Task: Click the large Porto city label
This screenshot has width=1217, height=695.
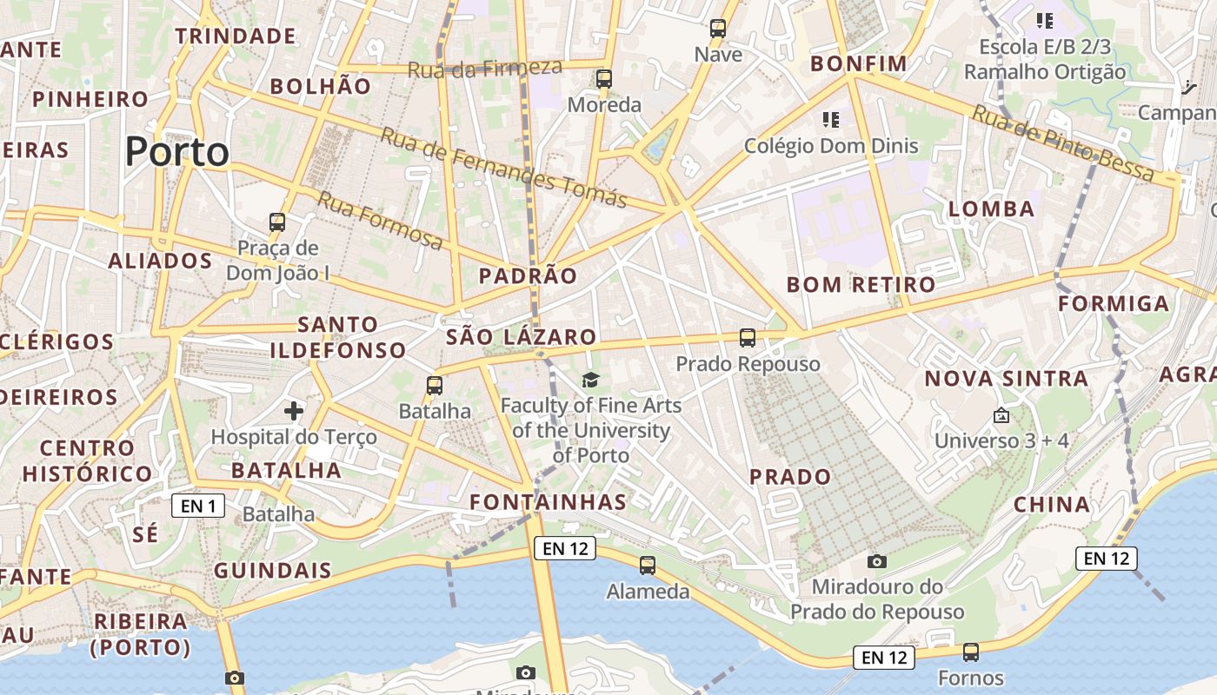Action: click(x=177, y=152)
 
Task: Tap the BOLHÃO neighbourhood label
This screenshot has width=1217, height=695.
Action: click(x=321, y=86)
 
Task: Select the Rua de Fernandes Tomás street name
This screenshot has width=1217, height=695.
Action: click(x=503, y=169)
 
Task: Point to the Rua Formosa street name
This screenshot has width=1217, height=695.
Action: click(x=380, y=221)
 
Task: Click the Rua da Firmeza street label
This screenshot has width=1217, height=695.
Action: click(x=485, y=69)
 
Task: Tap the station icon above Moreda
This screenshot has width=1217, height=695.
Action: click(x=604, y=79)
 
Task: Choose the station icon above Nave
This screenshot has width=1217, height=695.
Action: click(x=718, y=29)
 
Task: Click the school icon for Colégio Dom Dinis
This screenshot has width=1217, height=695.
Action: click(x=831, y=119)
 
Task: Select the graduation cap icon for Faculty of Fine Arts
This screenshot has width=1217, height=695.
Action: click(x=591, y=380)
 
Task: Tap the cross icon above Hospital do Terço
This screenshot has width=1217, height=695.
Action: click(x=294, y=410)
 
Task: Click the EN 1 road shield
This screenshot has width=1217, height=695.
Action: click(x=198, y=506)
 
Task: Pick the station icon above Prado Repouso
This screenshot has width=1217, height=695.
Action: click(x=748, y=338)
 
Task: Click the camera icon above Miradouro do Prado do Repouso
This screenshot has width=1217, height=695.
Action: click(x=877, y=561)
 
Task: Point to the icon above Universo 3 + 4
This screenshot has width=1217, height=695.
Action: click(x=1001, y=415)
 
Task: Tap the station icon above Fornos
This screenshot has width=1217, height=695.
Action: click(x=971, y=652)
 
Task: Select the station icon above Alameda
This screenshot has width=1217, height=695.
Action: click(x=648, y=566)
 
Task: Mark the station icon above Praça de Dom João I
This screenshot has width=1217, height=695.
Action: click(x=277, y=222)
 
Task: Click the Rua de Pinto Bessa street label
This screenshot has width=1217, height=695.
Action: click(x=1062, y=143)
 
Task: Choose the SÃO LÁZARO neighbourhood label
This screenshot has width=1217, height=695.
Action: click(x=522, y=337)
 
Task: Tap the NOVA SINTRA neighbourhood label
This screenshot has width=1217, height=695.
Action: click(x=1006, y=379)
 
